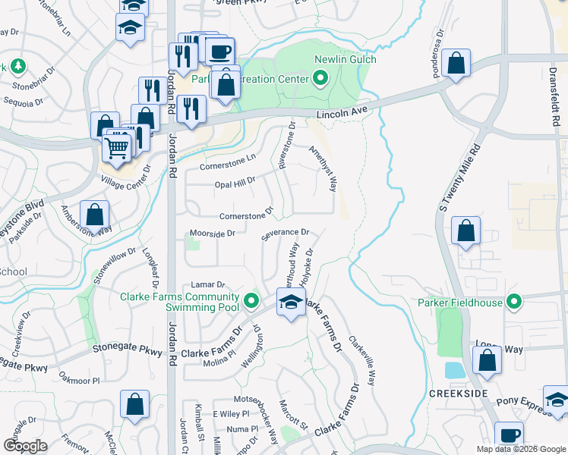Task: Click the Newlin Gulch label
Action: pos(351,59)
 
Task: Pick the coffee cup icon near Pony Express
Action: pos(510,435)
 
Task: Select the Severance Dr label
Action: pos(286,233)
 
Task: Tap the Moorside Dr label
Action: pos(212,234)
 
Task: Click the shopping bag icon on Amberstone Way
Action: pos(96,215)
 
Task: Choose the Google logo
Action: pos(25,446)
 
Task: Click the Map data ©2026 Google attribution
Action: pos(520,449)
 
